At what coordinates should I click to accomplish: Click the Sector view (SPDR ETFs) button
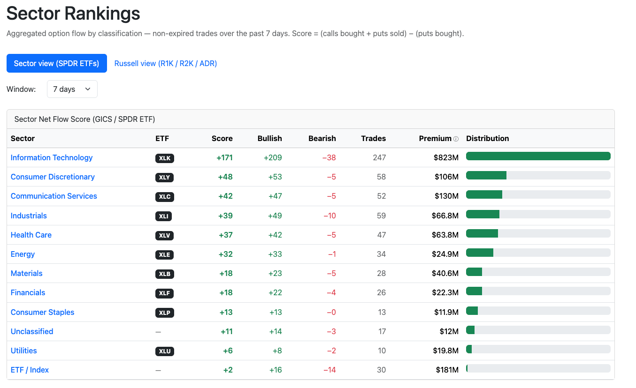[x=57, y=63]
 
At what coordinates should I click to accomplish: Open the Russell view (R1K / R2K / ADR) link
[x=166, y=63]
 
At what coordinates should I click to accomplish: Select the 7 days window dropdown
[x=72, y=89]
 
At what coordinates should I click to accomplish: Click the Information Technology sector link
[x=52, y=157]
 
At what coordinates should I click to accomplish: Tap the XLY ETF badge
[x=164, y=178]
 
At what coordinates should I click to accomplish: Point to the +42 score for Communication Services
[x=225, y=196]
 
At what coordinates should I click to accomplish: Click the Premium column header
[x=435, y=138]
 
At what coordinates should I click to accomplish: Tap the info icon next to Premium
[x=456, y=139]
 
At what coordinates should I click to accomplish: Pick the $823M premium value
[x=446, y=157]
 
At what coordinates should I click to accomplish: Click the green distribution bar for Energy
[x=480, y=253]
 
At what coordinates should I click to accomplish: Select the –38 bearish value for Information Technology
[x=329, y=157]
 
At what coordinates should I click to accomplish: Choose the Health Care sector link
[x=31, y=235]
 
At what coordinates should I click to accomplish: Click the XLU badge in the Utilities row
[x=165, y=351]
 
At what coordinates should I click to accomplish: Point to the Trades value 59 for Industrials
[x=381, y=216]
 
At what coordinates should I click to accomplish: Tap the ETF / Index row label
[x=30, y=370]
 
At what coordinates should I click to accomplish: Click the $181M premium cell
[x=447, y=370]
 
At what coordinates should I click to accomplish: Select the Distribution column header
[x=488, y=138]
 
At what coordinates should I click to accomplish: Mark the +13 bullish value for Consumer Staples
[x=275, y=313]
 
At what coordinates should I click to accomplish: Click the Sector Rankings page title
[x=73, y=13]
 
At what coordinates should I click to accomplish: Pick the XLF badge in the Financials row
[x=164, y=293]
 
